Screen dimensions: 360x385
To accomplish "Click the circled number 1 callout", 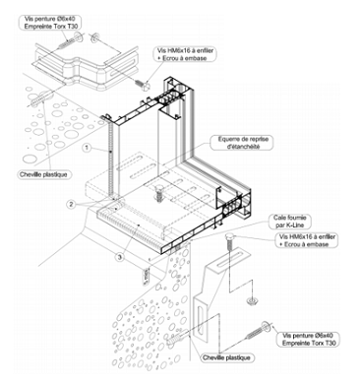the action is [87, 148].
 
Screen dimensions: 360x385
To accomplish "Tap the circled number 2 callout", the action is [71, 204].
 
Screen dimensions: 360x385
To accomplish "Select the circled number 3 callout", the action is [120, 258].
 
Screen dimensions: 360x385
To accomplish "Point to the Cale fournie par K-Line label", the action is [287, 222].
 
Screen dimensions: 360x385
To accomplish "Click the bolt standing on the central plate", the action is [159, 192].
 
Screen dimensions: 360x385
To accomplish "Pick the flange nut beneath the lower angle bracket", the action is [252, 301].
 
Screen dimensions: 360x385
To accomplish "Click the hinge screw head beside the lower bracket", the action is [266, 326].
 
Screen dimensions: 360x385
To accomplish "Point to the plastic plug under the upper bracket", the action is [42, 98].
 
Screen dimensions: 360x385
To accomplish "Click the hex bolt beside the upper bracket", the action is [144, 85].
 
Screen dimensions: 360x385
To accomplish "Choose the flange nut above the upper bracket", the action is [93, 37].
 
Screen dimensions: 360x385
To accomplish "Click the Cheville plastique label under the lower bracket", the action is [226, 357].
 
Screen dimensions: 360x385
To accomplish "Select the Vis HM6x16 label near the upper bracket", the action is [186, 54].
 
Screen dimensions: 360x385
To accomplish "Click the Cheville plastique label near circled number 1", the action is [43, 174].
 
